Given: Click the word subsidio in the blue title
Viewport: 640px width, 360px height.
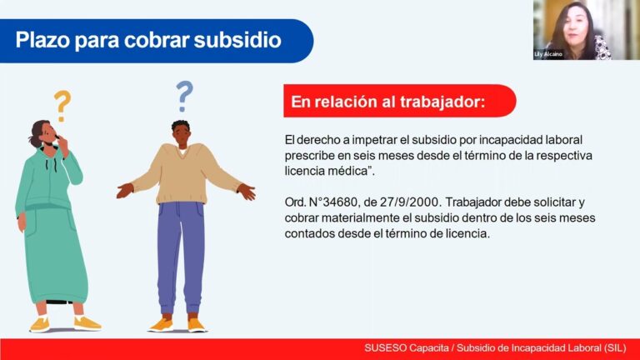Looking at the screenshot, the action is [237, 40].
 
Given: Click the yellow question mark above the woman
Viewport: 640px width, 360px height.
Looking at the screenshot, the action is [62, 106].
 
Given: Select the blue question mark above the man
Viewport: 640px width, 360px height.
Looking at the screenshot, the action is [184, 97].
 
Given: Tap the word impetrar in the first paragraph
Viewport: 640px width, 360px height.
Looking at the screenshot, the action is [375, 140].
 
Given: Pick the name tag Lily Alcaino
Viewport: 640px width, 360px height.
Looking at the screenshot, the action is [548, 54].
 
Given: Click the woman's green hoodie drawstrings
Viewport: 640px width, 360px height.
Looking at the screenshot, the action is [51, 165].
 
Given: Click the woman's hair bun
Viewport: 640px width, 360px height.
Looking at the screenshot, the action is [33, 140].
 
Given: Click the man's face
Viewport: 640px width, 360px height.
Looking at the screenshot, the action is [181, 136].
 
